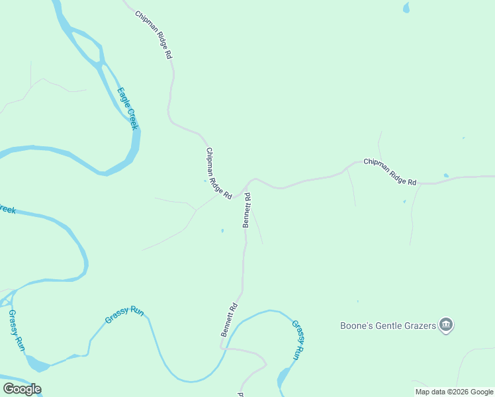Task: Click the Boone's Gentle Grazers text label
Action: (387, 326)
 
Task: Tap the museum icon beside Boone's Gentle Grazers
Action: (447, 325)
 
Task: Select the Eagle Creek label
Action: (127, 109)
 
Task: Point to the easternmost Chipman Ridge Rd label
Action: (390, 172)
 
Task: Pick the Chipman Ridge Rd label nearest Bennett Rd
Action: (218, 173)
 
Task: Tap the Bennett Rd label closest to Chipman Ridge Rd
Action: (247, 210)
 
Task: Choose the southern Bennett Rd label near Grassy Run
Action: (229, 320)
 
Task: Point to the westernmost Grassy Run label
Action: (16, 330)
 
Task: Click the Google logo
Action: (22, 389)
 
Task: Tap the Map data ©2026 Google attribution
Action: (454, 392)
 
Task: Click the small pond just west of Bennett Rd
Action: (222, 230)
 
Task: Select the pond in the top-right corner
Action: (406, 8)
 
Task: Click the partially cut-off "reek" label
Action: (7, 210)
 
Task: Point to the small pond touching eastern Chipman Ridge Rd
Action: (446, 176)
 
